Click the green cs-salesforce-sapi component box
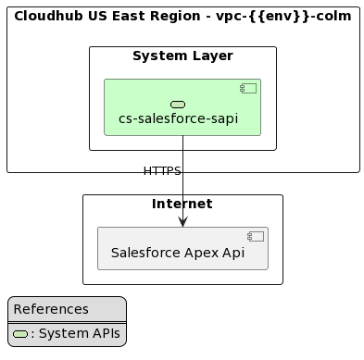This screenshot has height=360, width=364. tap(182, 107)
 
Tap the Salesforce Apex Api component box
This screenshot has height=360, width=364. tap(182, 248)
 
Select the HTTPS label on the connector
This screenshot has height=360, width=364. tap(162, 171)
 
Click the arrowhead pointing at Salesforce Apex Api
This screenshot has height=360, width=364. tap(182, 220)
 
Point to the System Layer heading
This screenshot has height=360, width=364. tap(182, 56)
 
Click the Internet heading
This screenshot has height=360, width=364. tap(182, 204)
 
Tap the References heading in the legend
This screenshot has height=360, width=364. tap(51, 309)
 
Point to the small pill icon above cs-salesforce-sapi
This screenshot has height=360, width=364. tap(178, 105)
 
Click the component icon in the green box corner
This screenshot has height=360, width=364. tap(247, 88)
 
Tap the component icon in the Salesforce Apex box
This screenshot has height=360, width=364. tap(256, 236)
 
